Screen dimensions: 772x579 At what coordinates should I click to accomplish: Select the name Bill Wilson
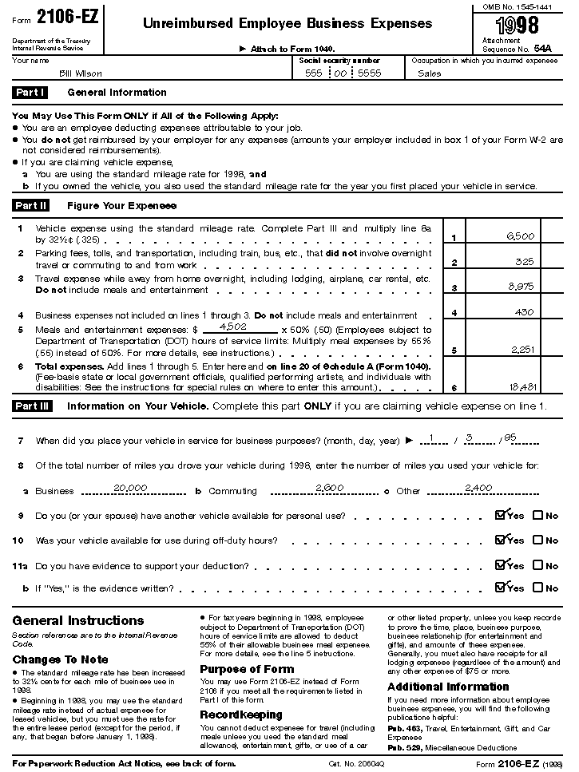pyautogui.click(x=81, y=73)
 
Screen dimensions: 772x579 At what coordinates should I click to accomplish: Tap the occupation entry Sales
pyautogui.click(x=429, y=73)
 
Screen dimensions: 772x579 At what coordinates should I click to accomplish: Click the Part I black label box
pyautogui.click(x=31, y=93)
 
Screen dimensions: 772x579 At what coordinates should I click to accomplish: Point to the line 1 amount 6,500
pyautogui.click(x=520, y=237)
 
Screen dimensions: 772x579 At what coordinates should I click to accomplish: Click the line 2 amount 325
pyautogui.click(x=525, y=261)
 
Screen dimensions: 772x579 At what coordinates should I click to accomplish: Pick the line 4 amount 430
pyautogui.click(x=525, y=312)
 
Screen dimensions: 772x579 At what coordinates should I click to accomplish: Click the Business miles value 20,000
pyautogui.click(x=130, y=487)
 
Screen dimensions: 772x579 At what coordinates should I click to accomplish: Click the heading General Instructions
pyautogui.click(x=78, y=620)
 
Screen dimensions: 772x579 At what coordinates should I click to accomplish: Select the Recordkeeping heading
pyautogui.click(x=241, y=715)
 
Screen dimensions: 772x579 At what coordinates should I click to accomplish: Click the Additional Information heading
pyautogui.click(x=448, y=687)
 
